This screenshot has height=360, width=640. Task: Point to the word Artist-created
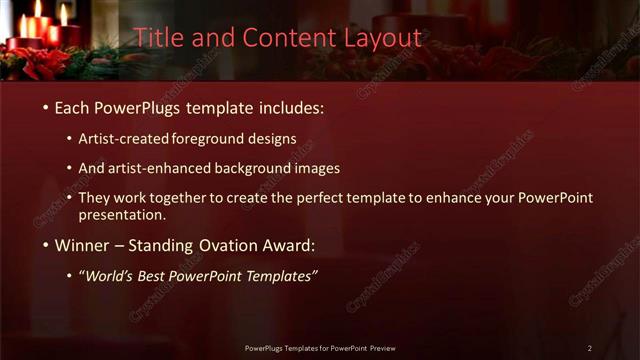(130, 138)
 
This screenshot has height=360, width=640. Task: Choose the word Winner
(83, 245)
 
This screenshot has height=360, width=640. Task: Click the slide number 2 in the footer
(589, 348)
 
